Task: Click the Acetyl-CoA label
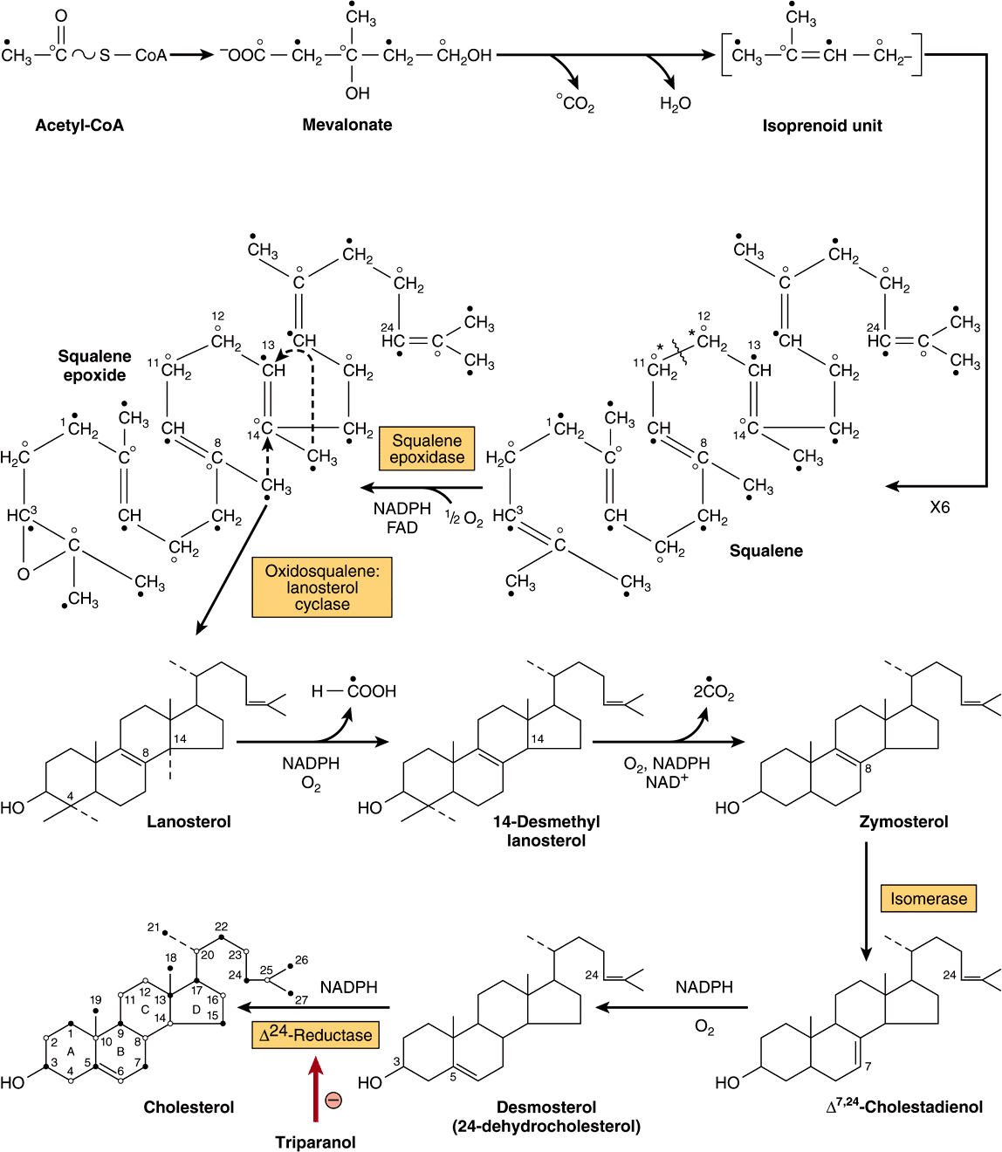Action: point(79,126)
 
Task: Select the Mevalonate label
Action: point(347,125)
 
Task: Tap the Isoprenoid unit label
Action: point(821,126)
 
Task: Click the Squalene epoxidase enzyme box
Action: point(427,449)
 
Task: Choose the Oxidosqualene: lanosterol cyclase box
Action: point(322,587)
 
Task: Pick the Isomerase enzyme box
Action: point(928,899)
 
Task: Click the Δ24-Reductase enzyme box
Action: point(315,1035)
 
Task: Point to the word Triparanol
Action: point(315,1142)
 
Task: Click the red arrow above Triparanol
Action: point(316,1087)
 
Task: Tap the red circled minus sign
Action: point(333,1100)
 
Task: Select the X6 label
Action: point(939,507)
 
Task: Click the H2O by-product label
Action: point(675,104)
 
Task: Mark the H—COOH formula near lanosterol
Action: point(353,691)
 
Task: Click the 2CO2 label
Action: point(713,691)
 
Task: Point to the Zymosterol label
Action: point(903,821)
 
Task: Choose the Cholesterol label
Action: point(189,1107)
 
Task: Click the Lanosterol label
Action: point(189,821)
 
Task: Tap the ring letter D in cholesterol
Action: point(196,1010)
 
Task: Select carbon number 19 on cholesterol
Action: point(95,1000)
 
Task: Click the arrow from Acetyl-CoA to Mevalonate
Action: point(191,55)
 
